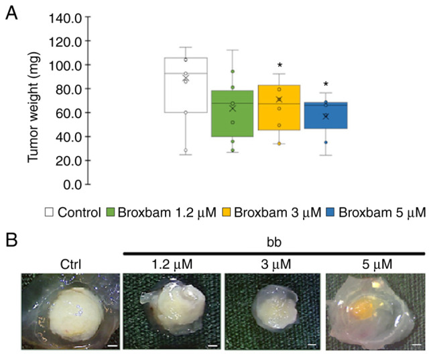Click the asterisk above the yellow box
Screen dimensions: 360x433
pos(279,66)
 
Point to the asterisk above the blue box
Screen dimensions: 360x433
pos(326,85)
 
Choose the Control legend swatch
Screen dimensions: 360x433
pos(48,213)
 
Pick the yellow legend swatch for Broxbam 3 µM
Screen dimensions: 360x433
pos(233,213)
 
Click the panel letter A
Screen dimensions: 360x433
pos(11,14)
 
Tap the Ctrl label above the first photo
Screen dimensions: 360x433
pos(70,263)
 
